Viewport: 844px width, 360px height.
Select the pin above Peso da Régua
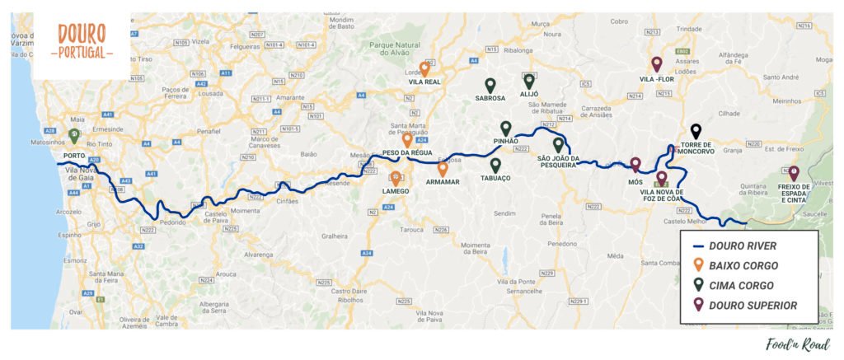(407, 139)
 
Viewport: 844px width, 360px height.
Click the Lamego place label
(396, 191)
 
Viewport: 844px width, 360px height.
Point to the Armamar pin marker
(443, 169)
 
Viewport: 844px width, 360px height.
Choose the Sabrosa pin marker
(490, 85)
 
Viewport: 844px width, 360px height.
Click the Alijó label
(529, 94)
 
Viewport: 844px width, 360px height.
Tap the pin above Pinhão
(506, 129)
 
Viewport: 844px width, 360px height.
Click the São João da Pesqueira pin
(558, 145)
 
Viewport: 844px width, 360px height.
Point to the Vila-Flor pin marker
(657, 63)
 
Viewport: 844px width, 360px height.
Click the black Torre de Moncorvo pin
(696, 130)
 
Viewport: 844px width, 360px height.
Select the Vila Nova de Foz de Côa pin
(661, 178)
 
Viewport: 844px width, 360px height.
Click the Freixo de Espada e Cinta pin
(794, 173)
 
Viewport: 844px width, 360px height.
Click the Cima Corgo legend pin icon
(698, 285)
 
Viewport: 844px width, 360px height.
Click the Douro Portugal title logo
(82, 41)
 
